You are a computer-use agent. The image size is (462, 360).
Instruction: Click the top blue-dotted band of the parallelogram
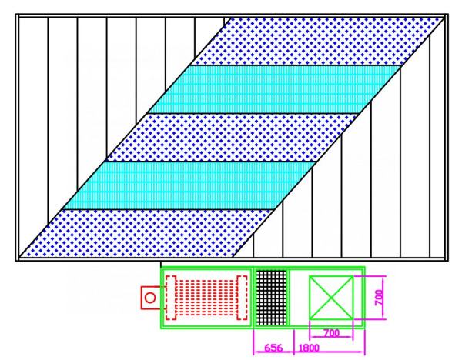tap(316, 42)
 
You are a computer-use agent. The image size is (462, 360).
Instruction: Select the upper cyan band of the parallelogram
tap(274, 89)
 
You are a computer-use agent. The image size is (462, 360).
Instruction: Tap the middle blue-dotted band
tap(233, 138)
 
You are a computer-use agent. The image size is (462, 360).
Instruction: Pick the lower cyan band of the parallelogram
tap(189, 185)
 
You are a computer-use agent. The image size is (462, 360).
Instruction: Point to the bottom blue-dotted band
tap(147, 233)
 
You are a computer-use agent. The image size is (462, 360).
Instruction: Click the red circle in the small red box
tap(150, 298)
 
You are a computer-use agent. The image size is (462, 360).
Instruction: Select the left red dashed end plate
tap(171, 297)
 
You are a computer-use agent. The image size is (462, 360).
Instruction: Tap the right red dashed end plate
tap(243, 297)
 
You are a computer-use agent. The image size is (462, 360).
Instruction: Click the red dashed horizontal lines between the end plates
tap(206, 297)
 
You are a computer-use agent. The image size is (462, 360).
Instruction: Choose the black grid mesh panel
tap(271, 297)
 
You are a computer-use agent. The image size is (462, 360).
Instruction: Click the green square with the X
tap(331, 298)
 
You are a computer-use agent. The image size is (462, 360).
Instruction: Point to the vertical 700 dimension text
tap(379, 298)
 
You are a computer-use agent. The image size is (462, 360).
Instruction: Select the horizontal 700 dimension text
tap(331, 333)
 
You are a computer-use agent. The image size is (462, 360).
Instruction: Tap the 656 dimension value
tap(273, 348)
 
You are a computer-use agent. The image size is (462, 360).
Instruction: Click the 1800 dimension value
tap(309, 348)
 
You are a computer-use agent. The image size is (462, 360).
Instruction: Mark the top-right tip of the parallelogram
tap(444, 18)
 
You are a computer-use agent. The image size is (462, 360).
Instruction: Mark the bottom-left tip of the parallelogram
tap(19, 258)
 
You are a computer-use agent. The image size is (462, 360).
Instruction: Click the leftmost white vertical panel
tap(33, 137)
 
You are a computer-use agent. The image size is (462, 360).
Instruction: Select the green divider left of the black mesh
tap(253, 297)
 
